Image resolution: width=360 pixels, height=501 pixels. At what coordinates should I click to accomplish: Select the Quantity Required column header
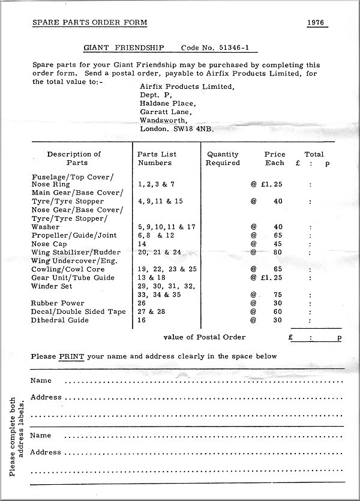pyautogui.click(x=223, y=158)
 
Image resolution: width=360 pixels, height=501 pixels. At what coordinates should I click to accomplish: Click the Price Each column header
pyautogui.click(x=275, y=158)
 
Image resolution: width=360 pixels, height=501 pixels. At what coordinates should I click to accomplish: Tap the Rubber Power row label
pyautogui.click(x=58, y=303)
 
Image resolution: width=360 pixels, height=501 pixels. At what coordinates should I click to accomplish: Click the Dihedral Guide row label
pyautogui.click(x=59, y=320)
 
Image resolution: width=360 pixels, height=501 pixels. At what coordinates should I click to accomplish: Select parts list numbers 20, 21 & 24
pyautogui.click(x=159, y=253)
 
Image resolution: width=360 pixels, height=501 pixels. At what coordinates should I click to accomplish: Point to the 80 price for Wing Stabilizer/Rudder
pyautogui.click(x=278, y=253)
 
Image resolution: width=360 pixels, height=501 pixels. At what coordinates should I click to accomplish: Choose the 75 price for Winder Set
pyautogui.click(x=278, y=295)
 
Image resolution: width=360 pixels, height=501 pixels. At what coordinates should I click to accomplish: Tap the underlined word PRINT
pyautogui.click(x=72, y=356)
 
